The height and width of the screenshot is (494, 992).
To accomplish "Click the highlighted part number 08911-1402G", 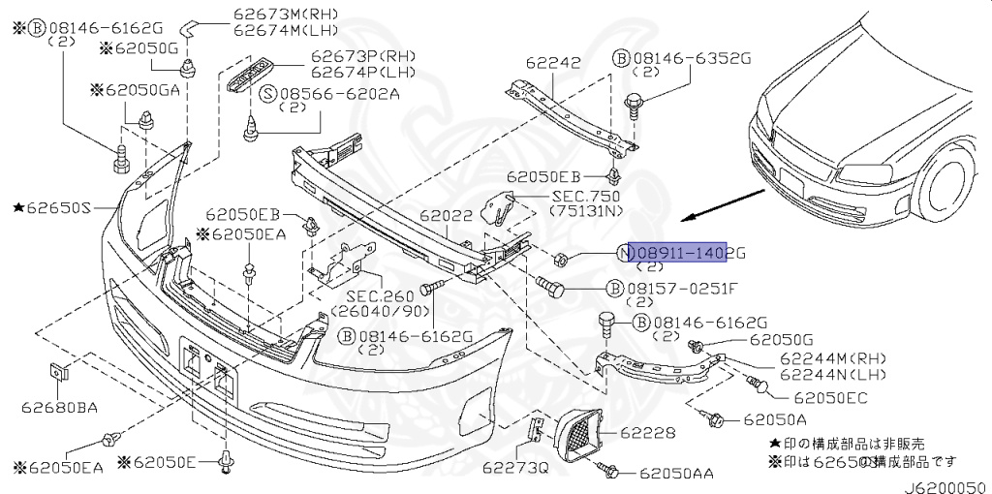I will (687, 254).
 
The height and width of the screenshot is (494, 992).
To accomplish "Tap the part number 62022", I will (446, 219).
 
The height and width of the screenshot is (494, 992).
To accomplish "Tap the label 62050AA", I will (676, 473).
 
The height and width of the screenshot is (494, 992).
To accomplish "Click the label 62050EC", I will (829, 397).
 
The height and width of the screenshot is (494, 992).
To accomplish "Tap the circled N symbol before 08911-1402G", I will (624, 254).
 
